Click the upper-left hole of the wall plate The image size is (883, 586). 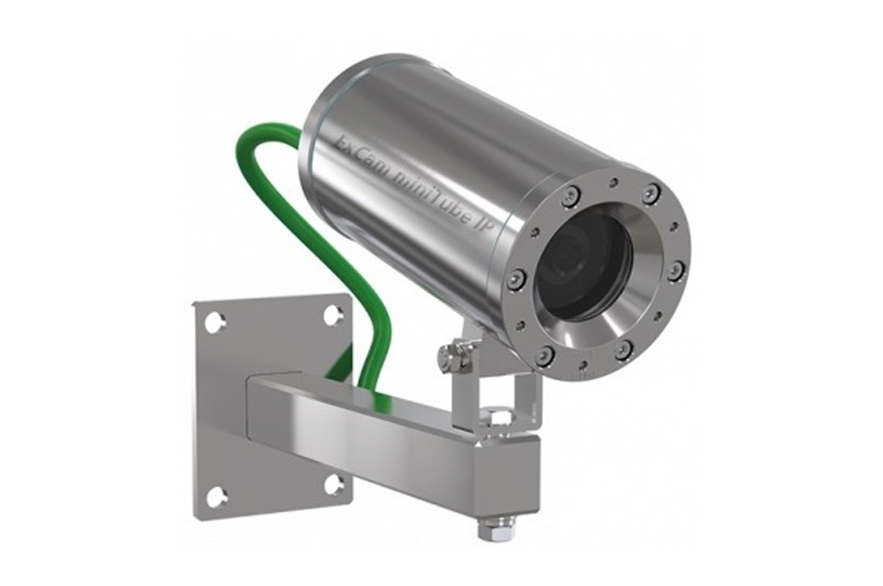coord(215,323)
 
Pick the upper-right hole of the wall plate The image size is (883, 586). coord(333,314)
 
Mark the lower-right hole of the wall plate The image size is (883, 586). coord(333,484)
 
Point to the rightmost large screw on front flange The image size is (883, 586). coord(676,270)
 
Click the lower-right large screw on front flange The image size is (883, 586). coord(624,349)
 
